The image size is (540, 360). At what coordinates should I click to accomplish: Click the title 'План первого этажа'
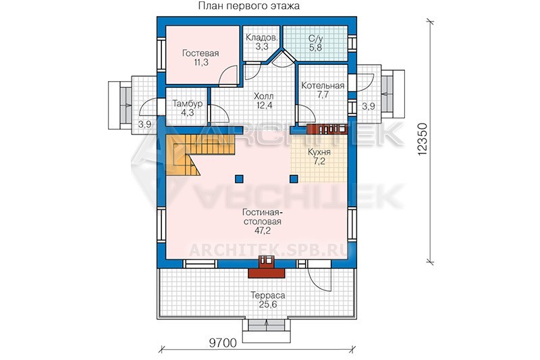[249, 6]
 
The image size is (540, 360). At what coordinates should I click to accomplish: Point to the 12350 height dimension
[423, 139]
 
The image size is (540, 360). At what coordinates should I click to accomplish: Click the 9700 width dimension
[223, 343]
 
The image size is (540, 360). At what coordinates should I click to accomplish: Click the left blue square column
[239, 179]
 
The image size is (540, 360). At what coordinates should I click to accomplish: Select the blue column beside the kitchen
[294, 179]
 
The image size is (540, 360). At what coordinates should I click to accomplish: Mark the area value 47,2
[263, 231]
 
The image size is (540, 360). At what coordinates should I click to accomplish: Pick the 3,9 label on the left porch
[144, 124]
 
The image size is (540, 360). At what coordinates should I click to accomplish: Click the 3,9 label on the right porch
[368, 107]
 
